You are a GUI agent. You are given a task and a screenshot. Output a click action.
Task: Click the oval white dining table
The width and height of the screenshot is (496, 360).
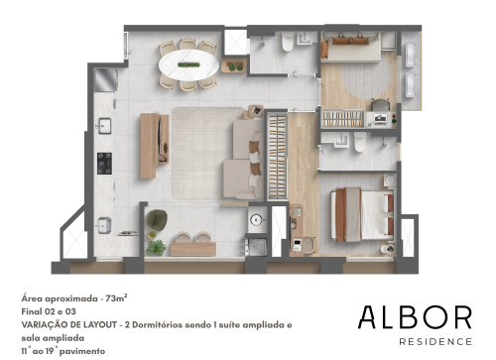pos(188,64)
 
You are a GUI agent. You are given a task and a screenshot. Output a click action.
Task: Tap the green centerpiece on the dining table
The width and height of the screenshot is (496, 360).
pos(188,64)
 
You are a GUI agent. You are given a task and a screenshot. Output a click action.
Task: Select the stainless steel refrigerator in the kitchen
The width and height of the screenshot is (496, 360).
pos(105,79)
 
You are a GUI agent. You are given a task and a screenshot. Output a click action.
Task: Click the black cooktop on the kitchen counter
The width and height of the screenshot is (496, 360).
pos(104,164)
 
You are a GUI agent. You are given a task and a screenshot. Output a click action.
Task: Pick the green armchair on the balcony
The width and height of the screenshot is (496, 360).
pos(157,218)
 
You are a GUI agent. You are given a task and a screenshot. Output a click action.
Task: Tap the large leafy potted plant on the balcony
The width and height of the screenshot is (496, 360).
pos(156,248)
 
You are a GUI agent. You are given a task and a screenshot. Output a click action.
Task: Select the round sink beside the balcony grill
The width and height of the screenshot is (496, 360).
pos(256,219)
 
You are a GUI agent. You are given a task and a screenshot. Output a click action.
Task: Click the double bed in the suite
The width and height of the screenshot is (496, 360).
pos(362,214)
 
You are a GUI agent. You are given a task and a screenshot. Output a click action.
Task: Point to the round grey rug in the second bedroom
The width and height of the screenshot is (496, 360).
pos(366,78)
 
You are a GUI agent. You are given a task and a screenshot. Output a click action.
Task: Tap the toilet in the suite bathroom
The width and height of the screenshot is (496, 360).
pos(360,142)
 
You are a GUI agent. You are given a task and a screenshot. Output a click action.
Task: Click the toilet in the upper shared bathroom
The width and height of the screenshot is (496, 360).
pos(288,42)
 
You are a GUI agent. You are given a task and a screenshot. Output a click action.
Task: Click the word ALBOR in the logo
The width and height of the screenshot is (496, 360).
pos(415,317)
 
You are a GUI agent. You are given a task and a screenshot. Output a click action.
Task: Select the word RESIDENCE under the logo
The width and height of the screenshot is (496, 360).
pos(435,341)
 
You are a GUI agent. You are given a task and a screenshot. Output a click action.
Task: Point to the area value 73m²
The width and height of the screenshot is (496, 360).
pos(116,299)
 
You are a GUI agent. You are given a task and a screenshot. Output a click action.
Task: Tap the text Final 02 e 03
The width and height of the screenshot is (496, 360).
pos(49,311)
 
